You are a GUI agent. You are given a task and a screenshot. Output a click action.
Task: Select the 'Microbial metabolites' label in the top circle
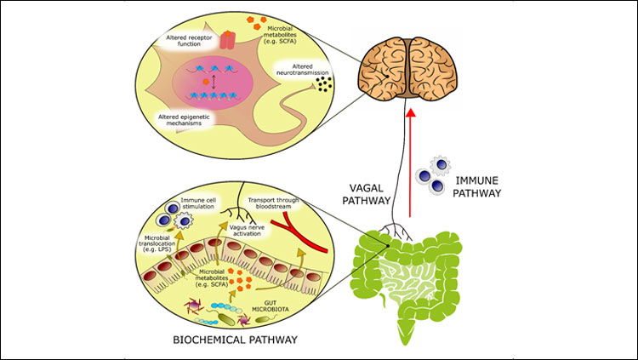pyautogui.click(x=287, y=31)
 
